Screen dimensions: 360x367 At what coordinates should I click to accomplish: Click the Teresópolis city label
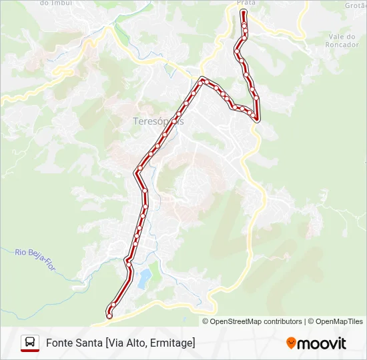tap(154, 121)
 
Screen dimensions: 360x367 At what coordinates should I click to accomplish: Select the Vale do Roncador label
tap(346, 41)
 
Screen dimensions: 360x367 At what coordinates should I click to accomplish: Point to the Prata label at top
tap(246, 3)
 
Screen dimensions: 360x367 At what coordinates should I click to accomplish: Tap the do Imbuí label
tap(54, 3)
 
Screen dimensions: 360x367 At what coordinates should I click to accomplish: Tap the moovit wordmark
tap(322, 343)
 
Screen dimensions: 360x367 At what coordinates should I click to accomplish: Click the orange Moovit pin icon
tap(291, 343)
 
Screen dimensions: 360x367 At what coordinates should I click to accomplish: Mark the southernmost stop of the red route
tap(109, 308)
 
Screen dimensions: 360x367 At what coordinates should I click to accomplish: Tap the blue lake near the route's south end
tap(143, 278)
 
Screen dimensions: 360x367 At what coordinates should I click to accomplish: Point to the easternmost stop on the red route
tap(257, 117)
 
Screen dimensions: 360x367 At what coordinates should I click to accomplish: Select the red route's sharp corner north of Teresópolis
tap(202, 80)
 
